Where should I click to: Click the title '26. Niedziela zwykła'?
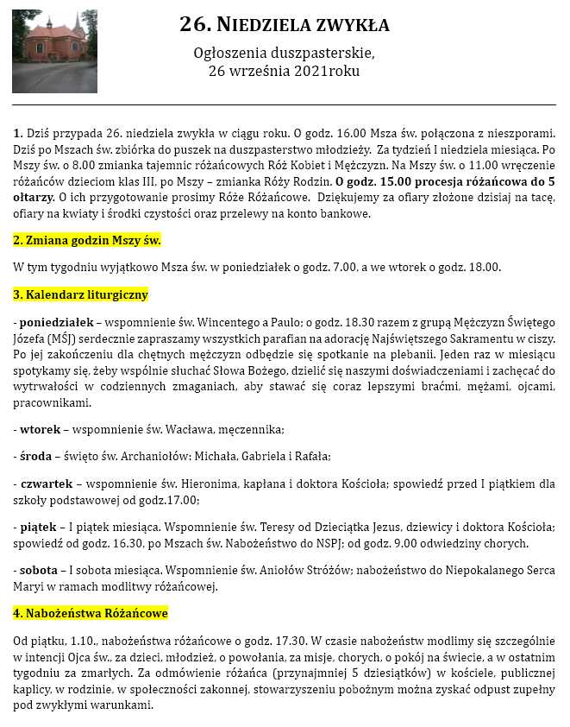pos(284,24)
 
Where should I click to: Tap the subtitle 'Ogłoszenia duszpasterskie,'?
pos(284,54)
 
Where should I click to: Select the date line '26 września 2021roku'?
pos(284,71)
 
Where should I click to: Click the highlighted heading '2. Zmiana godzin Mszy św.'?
pos(87,240)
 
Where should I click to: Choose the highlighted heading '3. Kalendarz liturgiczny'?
pos(81,294)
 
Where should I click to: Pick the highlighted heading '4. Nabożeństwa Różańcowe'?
pos(91,613)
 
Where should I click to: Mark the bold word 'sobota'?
pos(40,566)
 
